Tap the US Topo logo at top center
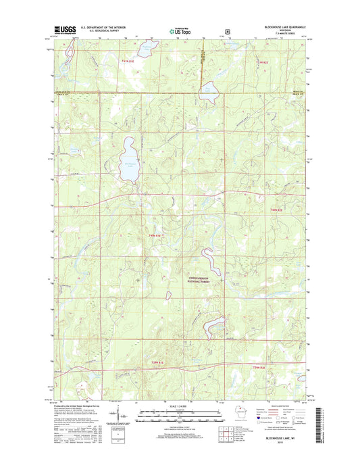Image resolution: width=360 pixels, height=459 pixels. (180, 30)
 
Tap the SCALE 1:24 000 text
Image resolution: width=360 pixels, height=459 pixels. (179, 406)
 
